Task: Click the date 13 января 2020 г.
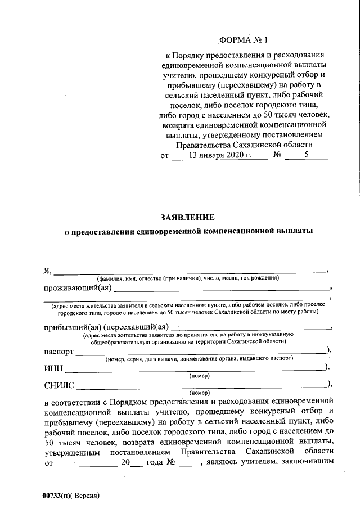point(220,156)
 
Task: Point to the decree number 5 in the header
point(307,156)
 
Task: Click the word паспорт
point(58,351)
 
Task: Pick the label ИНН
point(53,369)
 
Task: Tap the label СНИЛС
point(60,386)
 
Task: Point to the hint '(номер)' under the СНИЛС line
point(199,393)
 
